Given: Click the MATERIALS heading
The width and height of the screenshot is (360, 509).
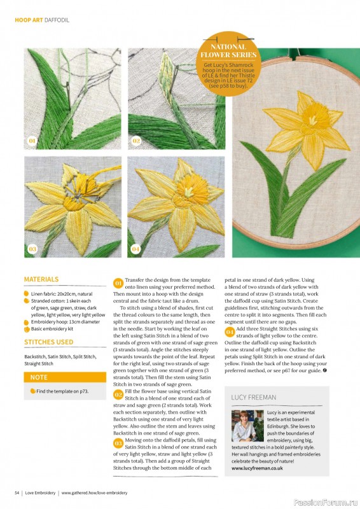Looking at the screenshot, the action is click(41, 279).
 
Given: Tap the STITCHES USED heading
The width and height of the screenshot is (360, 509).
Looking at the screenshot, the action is click(49, 342).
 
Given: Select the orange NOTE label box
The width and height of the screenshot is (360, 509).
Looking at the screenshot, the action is click(64, 377).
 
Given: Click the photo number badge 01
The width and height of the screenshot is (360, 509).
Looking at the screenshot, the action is click(32, 140).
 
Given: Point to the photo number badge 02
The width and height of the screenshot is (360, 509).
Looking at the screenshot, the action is click(136, 140).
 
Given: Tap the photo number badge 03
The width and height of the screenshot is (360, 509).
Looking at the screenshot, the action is click(32, 249).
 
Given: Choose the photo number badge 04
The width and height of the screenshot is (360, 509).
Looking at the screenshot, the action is click(136, 249).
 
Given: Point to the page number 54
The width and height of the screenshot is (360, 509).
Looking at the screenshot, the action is click(18, 492).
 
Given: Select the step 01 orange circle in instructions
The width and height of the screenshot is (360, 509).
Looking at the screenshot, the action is click(118, 282).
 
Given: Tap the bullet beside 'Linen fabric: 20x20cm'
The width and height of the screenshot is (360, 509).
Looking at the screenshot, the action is click(27, 295).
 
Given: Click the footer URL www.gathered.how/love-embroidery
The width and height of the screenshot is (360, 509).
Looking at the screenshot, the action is click(94, 492).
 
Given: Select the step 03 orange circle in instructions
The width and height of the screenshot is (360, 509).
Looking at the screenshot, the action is click(118, 443).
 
